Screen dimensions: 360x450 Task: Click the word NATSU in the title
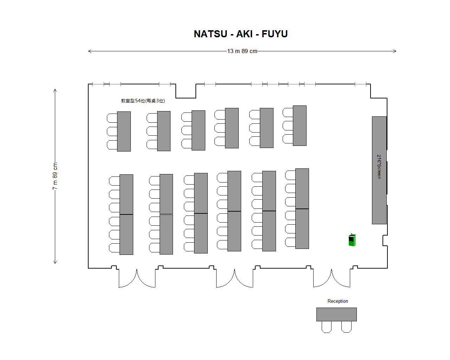tap(211, 34)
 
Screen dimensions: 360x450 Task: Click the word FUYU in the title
tap(275, 34)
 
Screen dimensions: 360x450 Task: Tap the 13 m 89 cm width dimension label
tap(242, 51)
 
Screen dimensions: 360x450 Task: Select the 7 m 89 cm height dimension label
tap(55, 176)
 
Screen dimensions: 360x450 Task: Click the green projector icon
tap(352, 240)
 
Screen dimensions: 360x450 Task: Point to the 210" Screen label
tap(379, 167)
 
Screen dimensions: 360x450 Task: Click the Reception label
tap(337, 301)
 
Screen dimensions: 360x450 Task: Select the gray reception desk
tap(336, 314)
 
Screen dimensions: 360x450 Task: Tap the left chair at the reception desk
tap(327, 327)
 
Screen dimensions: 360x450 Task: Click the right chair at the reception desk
tap(346, 327)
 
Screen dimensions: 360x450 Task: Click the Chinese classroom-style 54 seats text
tap(143, 101)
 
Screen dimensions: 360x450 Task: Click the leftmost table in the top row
tap(124, 131)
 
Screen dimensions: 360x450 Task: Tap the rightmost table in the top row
tap(300, 126)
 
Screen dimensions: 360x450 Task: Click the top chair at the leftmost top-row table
tap(112, 118)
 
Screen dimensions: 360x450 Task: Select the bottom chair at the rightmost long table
tap(290, 242)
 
